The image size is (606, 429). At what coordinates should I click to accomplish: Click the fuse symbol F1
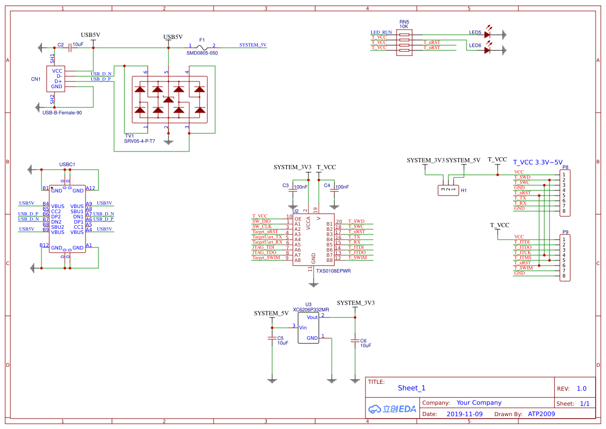point(202,47)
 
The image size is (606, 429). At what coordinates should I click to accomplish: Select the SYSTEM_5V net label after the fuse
point(253,45)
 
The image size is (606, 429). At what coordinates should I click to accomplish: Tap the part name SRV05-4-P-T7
point(139,141)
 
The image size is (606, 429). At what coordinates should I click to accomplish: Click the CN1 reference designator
point(36,79)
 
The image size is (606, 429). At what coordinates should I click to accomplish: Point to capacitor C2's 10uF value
point(78,45)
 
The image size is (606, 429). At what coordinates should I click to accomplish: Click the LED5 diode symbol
point(487,35)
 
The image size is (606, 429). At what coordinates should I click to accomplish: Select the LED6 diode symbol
point(487,50)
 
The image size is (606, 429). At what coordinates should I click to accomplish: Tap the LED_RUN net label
point(382,32)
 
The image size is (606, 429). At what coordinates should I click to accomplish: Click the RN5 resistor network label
point(404,22)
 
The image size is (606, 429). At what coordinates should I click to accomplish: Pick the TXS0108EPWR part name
point(333,271)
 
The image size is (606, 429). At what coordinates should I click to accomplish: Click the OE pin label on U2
point(298,219)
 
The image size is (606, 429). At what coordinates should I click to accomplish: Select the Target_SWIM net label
point(266,258)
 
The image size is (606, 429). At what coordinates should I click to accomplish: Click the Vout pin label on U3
point(312,317)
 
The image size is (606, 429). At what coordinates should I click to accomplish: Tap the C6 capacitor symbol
point(355,340)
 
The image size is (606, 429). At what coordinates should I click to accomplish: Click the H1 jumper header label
point(464,190)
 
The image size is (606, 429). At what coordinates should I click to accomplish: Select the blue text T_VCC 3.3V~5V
point(538,162)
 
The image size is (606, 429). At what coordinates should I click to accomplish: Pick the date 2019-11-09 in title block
point(464,414)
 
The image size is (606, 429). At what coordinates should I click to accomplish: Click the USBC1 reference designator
point(67,164)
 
